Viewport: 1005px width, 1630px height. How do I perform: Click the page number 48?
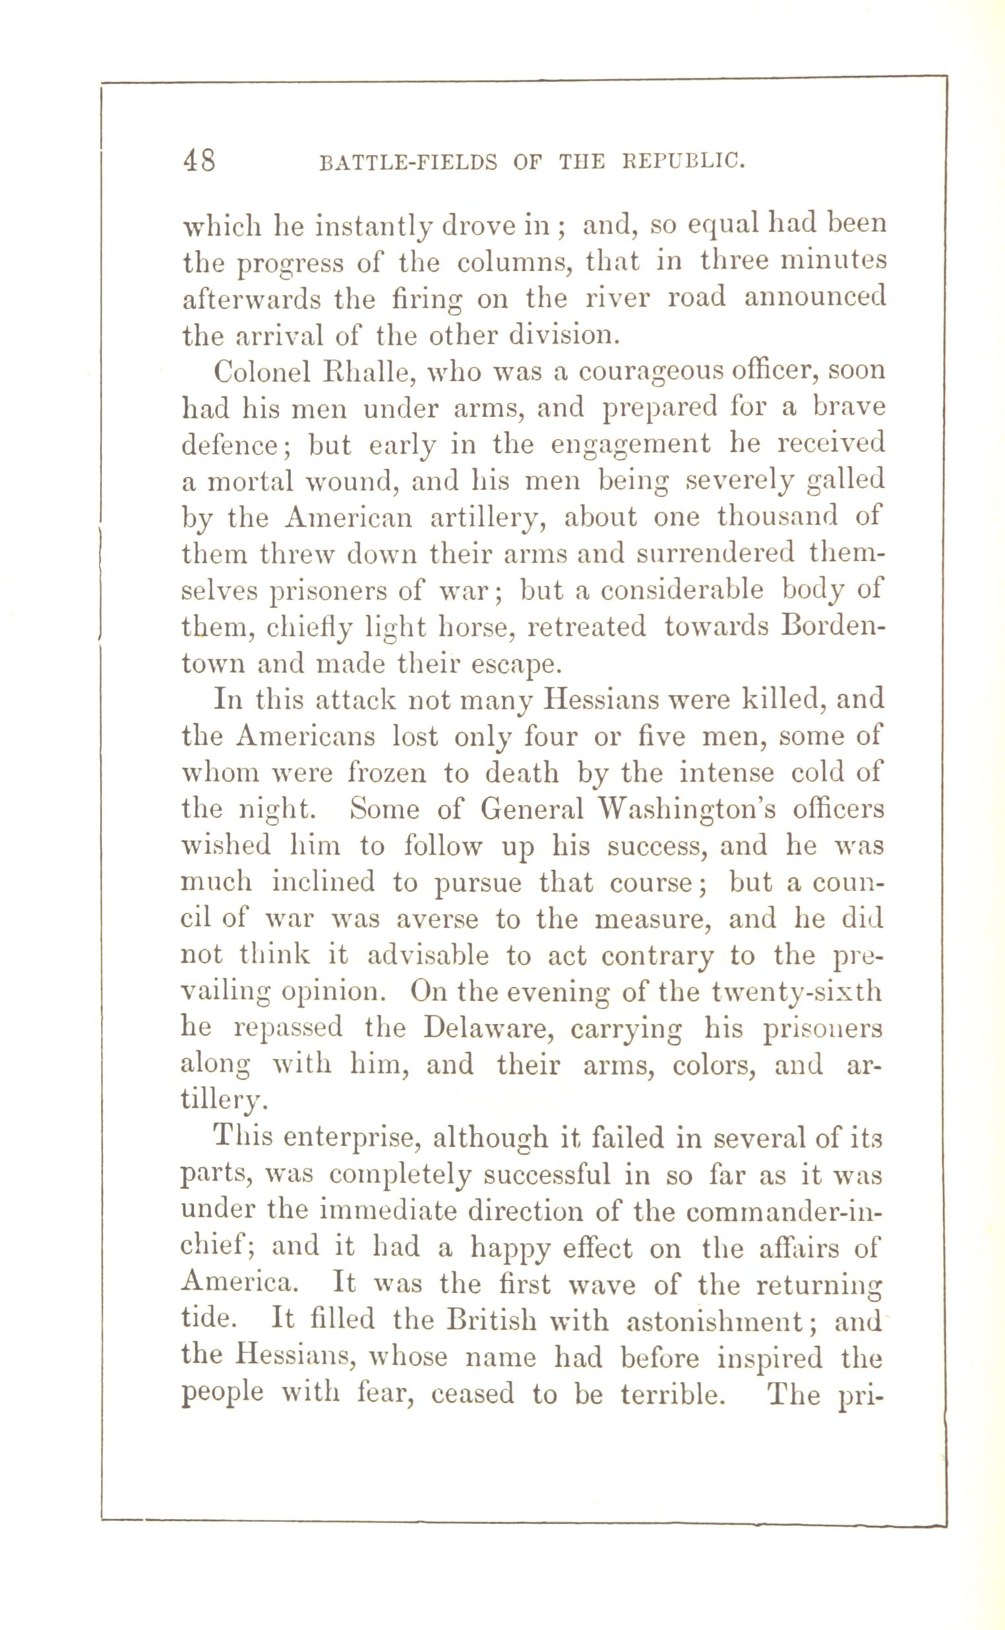click(198, 161)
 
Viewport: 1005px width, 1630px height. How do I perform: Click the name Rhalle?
click(367, 371)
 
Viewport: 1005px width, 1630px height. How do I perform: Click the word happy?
click(510, 1249)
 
